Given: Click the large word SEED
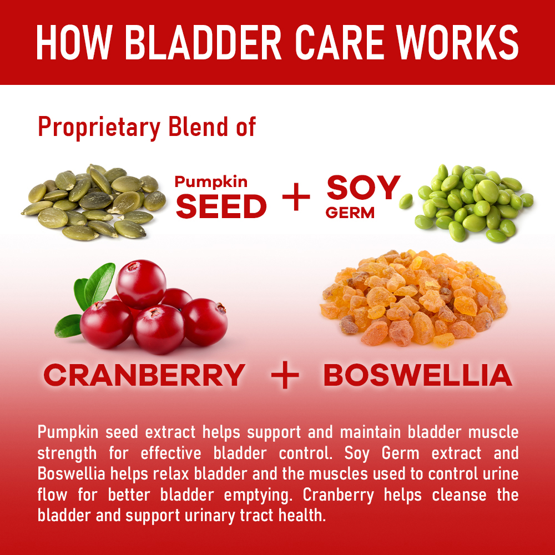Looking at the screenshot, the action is (x=221, y=206).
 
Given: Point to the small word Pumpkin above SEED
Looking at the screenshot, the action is (x=211, y=182).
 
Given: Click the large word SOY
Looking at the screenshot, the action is (x=363, y=187).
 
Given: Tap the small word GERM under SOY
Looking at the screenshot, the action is (x=350, y=213).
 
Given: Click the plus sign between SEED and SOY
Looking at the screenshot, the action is (x=296, y=197).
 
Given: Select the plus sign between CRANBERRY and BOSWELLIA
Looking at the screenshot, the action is (x=285, y=375).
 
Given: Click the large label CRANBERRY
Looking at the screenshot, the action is (x=144, y=375).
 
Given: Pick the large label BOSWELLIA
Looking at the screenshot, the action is (x=418, y=375).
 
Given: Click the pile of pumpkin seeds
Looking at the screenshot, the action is (x=93, y=202).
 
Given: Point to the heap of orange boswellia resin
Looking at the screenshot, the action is (x=413, y=298).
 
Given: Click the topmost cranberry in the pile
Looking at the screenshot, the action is (x=141, y=284).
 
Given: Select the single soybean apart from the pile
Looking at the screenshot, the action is (x=406, y=201).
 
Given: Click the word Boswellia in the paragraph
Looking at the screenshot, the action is (x=72, y=473).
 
